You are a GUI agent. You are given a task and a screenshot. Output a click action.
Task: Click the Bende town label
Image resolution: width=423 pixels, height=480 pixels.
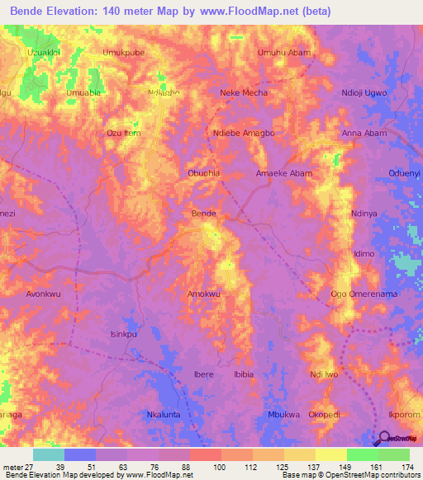click(203, 214)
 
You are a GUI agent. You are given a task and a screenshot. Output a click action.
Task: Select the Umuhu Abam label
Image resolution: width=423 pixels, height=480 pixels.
click(283, 52)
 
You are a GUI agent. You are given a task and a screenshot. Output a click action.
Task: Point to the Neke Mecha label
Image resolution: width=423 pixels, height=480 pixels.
click(241, 93)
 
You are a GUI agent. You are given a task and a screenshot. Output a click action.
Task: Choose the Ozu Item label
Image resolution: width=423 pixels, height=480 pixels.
click(124, 133)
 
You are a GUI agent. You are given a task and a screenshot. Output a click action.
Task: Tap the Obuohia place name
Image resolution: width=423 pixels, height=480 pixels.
click(203, 173)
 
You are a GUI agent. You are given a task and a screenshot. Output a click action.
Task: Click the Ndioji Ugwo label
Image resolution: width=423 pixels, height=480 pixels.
click(364, 93)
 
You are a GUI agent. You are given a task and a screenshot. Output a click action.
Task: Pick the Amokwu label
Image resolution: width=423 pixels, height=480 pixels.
click(203, 294)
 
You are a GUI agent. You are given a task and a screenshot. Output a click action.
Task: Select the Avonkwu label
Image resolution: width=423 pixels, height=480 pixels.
click(45, 294)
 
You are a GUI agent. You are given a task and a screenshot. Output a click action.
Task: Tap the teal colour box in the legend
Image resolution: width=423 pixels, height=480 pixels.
click(49, 454)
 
